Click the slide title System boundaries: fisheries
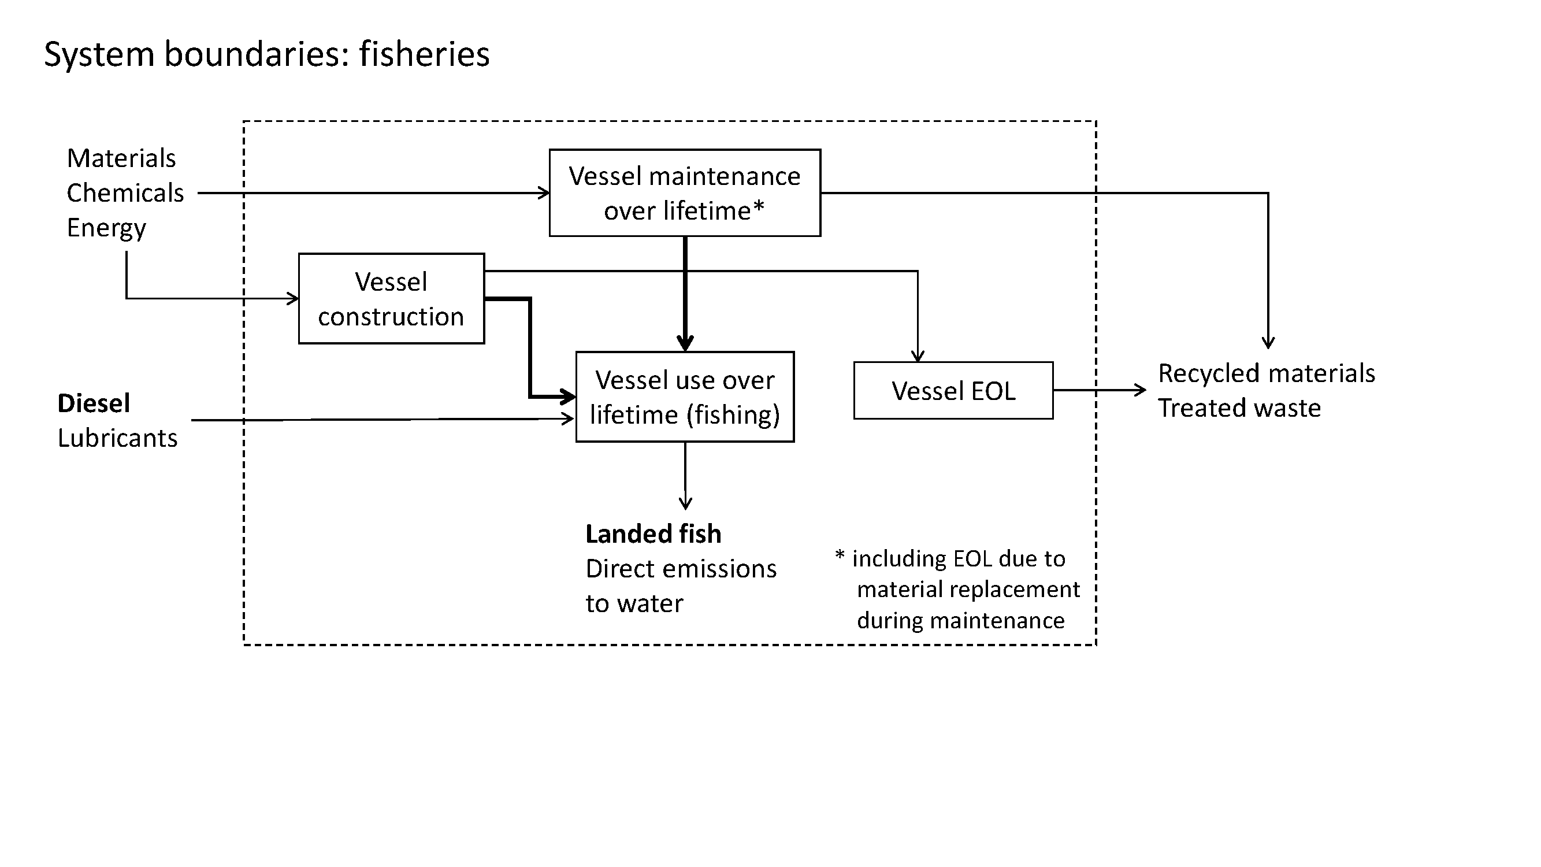pos(267,54)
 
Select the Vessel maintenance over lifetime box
pos(684,192)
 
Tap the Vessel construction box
pos(391,299)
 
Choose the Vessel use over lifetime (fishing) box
pos(684,397)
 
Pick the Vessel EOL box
pos(953,391)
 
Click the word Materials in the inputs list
pos(121,158)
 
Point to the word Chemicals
pos(125,193)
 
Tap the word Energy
pos(106,228)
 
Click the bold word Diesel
pos(94,403)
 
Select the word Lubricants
pos(118,438)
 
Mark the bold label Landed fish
pos(653,533)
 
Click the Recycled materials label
pos(1267,373)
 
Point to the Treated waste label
pos(1239,408)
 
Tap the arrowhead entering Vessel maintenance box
pos(544,192)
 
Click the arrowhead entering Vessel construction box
pos(293,298)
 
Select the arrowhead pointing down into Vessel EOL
pos(918,357)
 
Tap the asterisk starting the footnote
pos(840,555)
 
